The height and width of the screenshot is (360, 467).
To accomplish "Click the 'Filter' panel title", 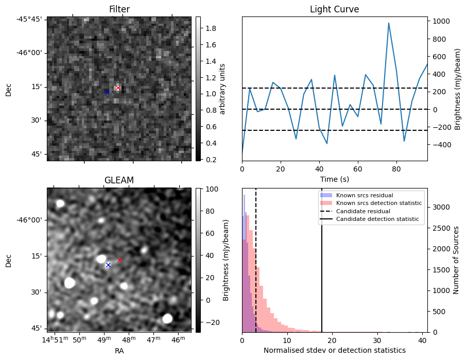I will click(119, 9).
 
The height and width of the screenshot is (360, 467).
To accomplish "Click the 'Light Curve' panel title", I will click(334, 9).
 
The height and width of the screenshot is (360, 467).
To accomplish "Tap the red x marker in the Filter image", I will click(118, 88).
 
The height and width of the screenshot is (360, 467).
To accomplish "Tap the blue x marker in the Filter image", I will click(107, 92).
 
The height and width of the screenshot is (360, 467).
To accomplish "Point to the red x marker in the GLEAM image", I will click(119, 261).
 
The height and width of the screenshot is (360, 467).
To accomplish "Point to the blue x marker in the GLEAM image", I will click(108, 265).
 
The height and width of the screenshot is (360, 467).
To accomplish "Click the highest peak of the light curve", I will click(389, 23).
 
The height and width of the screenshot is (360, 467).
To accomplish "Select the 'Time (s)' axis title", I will click(334, 179).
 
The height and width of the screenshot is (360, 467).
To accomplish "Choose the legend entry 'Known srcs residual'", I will click(364, 195).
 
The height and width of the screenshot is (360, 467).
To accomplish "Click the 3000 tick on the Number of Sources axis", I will click(440, 207).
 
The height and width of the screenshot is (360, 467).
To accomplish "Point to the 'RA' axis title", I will click(119, 351).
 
